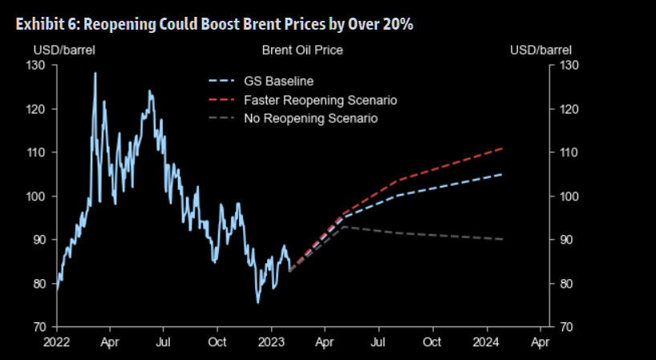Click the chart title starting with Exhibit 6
point(214,23)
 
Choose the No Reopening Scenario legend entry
point(310,118)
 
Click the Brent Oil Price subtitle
point(302,51)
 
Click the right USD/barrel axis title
point(541,51)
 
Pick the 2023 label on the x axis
point(272,342)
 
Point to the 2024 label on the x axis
point(487,342)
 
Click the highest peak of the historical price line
point(95,73)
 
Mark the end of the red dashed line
point(503,148)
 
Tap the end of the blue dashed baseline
point(503,174)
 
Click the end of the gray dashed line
point(503,239)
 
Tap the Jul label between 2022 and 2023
point(163,342)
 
